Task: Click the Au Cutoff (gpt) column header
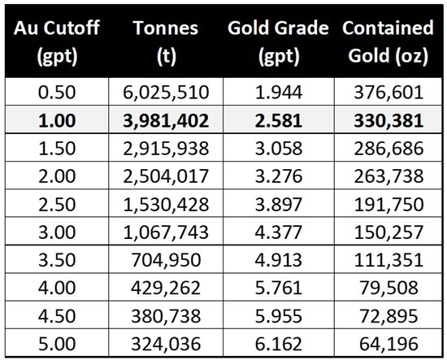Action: [x=57, y=41]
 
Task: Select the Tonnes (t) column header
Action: [x=166, y=41]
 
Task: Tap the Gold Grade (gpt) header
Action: [x=278, y=41]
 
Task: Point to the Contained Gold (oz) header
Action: [x=388, y=41]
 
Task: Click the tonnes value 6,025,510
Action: [x=166, y=93]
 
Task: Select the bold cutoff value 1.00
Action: [x=57, y=120]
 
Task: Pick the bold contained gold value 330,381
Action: [x=388, y=120]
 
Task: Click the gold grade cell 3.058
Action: [x=279, y=149]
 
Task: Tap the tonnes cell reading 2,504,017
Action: [x=166, y=176]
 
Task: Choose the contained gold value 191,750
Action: [x=388, y=204]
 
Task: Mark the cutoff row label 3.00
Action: [x=57, y=232]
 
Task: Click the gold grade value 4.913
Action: [x=279, y=260]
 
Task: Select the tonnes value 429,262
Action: [x=166, y=288]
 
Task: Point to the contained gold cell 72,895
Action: [x=388, y=316]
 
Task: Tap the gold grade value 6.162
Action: [x=279, y=344]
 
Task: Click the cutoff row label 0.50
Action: [x=57, y=93]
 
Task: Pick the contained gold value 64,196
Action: [x=388, y=344]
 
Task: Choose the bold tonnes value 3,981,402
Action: [x=166, y=120]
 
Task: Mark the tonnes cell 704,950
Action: [x=166, y=260]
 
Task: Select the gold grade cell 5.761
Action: [x=279, y=288]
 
